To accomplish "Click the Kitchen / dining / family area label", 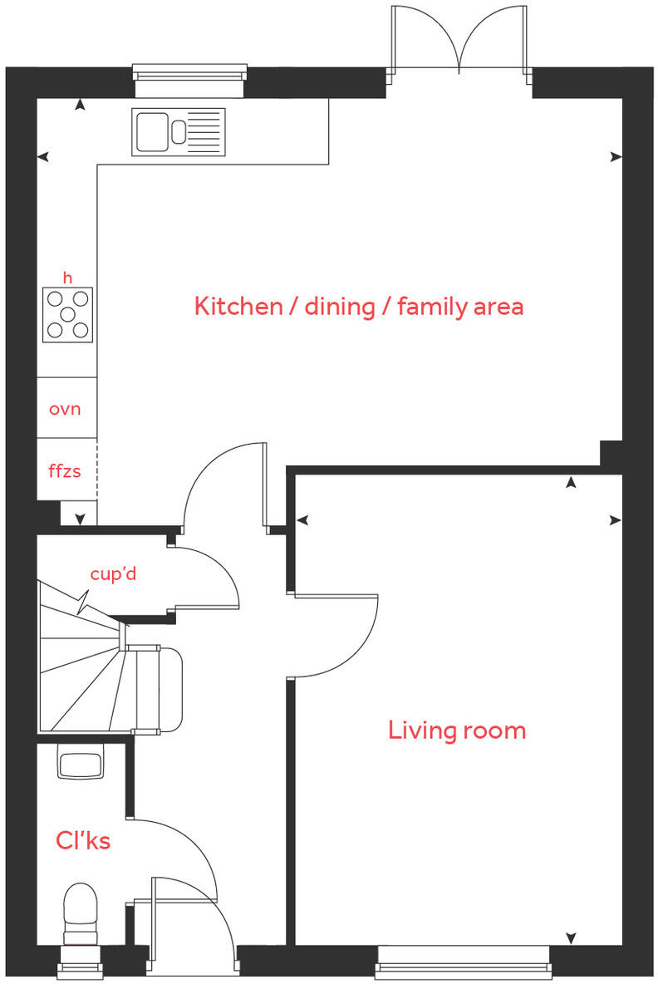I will point(358,307).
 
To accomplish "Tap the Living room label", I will point(457,731).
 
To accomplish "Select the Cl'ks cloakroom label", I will point(83,840).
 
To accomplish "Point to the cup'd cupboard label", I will point(114,573).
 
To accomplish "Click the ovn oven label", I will point(65,409).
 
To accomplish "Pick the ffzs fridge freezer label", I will point(65,471).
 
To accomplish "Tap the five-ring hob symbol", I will point(67,314).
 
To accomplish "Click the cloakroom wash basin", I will point(81,761).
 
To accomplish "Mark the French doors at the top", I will point(459,42).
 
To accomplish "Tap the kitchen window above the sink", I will point(191,73).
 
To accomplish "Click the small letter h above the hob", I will point(67,277).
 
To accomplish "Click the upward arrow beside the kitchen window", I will point(80,106).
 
